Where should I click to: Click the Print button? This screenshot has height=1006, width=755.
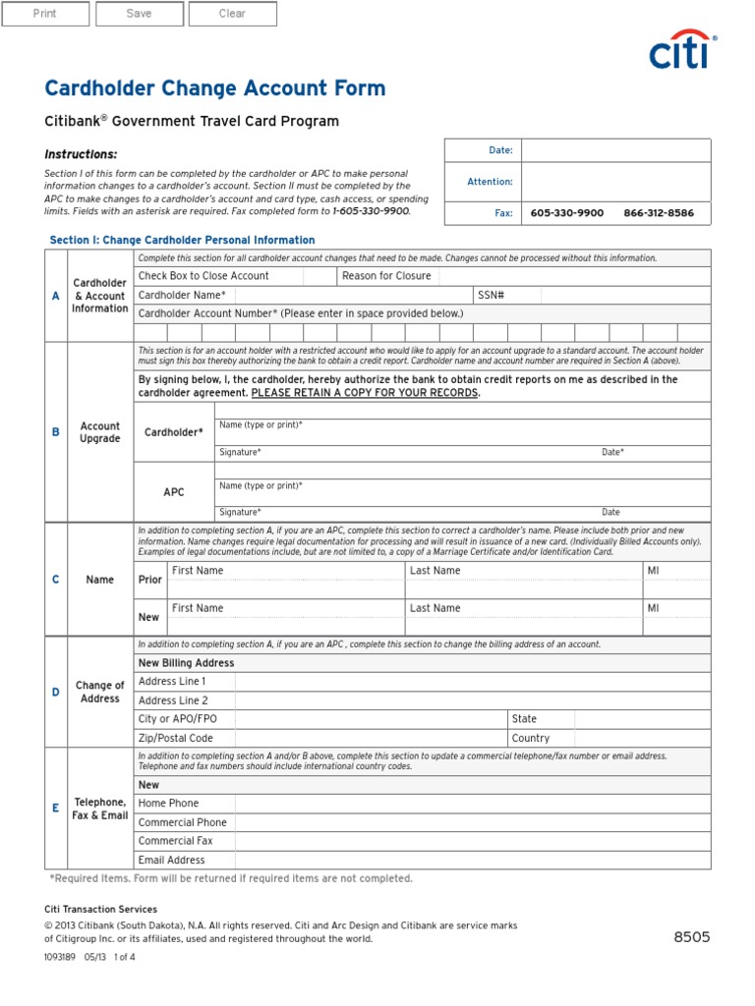point(45,14)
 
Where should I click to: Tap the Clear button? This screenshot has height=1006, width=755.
point(232,14)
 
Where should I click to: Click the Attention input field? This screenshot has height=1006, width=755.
point(614,182)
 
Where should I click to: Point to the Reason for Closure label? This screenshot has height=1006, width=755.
point(386,276)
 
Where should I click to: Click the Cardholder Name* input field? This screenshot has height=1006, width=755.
point(350,296)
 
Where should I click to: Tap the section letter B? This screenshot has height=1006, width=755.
point(56,432)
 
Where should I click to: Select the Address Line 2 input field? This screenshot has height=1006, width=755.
point(472,700)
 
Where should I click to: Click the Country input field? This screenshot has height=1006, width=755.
point(642,738)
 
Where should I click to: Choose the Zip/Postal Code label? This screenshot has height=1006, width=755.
point(176,738)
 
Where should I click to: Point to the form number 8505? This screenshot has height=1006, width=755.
point(691,937)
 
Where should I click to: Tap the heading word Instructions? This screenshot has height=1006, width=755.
point(81,154)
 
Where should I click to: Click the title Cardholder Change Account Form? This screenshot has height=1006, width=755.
point(215,88)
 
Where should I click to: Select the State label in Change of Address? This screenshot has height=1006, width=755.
point(524,719)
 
